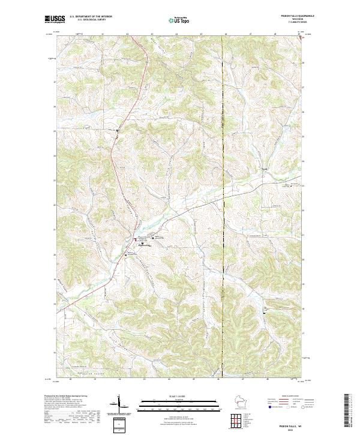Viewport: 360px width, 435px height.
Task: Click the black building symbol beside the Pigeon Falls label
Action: click(x=142, y=243)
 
